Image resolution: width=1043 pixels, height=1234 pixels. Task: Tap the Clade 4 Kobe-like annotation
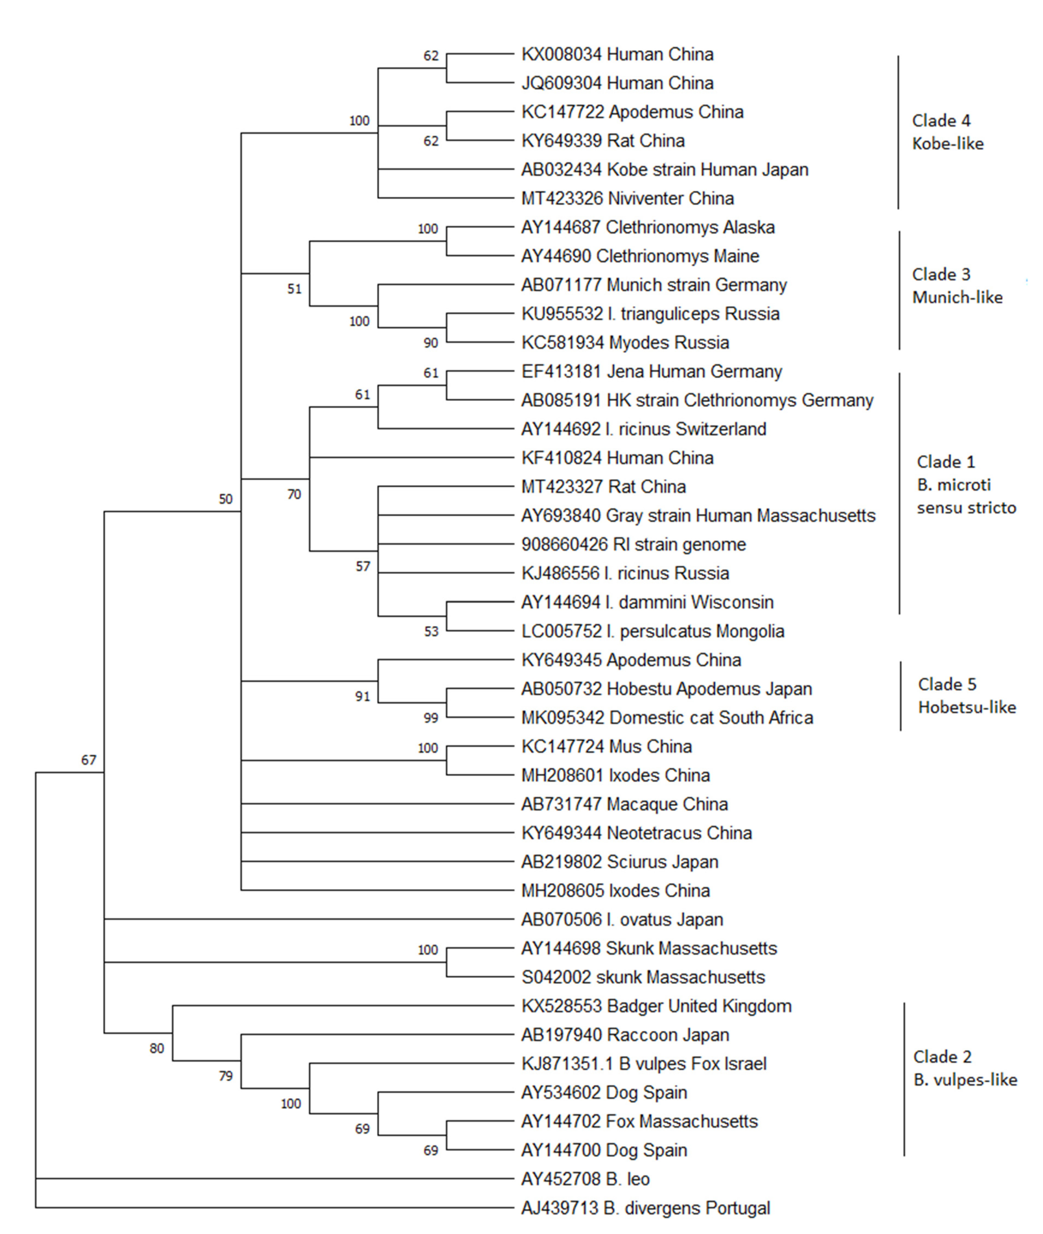[x=947, y=132]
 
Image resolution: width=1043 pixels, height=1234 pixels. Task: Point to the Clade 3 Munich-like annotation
[x=957, y=286]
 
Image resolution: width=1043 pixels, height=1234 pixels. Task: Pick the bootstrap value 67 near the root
[x=89, y=760]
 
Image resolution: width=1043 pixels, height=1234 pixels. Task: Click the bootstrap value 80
[x=157, y=1048]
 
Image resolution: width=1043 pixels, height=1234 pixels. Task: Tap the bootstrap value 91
[x=362, y=696]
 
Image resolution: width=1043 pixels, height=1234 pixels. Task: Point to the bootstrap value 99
[x=431, y=718]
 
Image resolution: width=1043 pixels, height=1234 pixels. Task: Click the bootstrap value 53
[x=431, y=631]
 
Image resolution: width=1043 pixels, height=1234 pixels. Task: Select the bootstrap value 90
[x=431, y=343]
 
